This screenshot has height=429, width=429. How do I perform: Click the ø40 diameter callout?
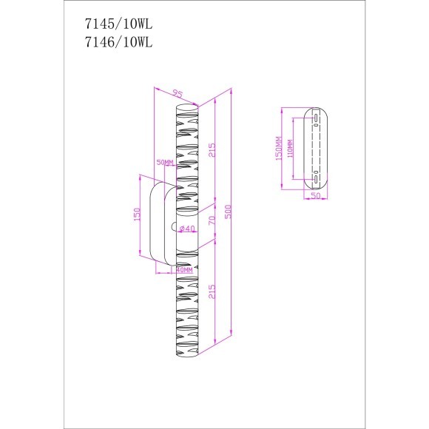point(188,229)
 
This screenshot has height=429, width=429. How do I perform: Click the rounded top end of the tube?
point(187,109)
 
